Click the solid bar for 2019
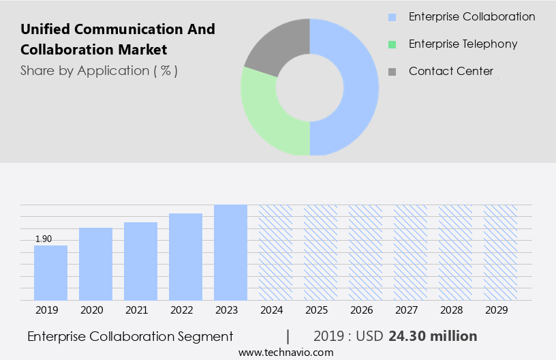coord(50,273)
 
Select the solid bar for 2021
coord(140,261)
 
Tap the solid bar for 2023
coord(230,252)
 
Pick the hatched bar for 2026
coord(365,252)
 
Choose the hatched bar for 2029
coord(500,252)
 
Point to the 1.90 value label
coord(44,239)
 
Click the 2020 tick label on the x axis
coord(91,310)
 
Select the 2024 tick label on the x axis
coord(271,310)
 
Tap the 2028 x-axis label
coord(451,310)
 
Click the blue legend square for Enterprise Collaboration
coord(392,17)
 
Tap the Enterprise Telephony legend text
coord(463,44)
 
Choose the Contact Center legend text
coord(450,71)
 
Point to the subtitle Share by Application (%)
coord(99,71)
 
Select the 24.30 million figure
coord(433,336)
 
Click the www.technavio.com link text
coord(286,352)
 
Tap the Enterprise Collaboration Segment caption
coord(130,336)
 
